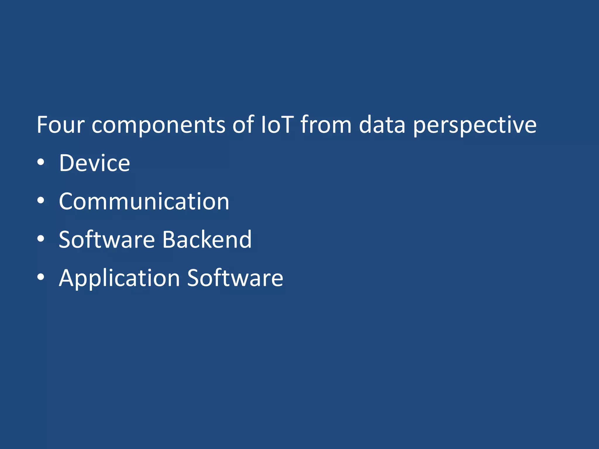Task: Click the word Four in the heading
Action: point(61,125)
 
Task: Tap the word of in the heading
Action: point(243,125)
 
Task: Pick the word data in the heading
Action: point(382,125)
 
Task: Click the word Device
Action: point(94,163)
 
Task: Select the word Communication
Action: point(144,201)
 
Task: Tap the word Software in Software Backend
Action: point(107,240)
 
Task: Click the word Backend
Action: point(207,240)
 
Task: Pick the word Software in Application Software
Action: point(235,278)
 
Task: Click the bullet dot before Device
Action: point(41,162)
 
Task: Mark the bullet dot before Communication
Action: point(41,201)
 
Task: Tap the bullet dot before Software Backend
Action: point(41,239)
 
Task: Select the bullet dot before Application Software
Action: point(41,277)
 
